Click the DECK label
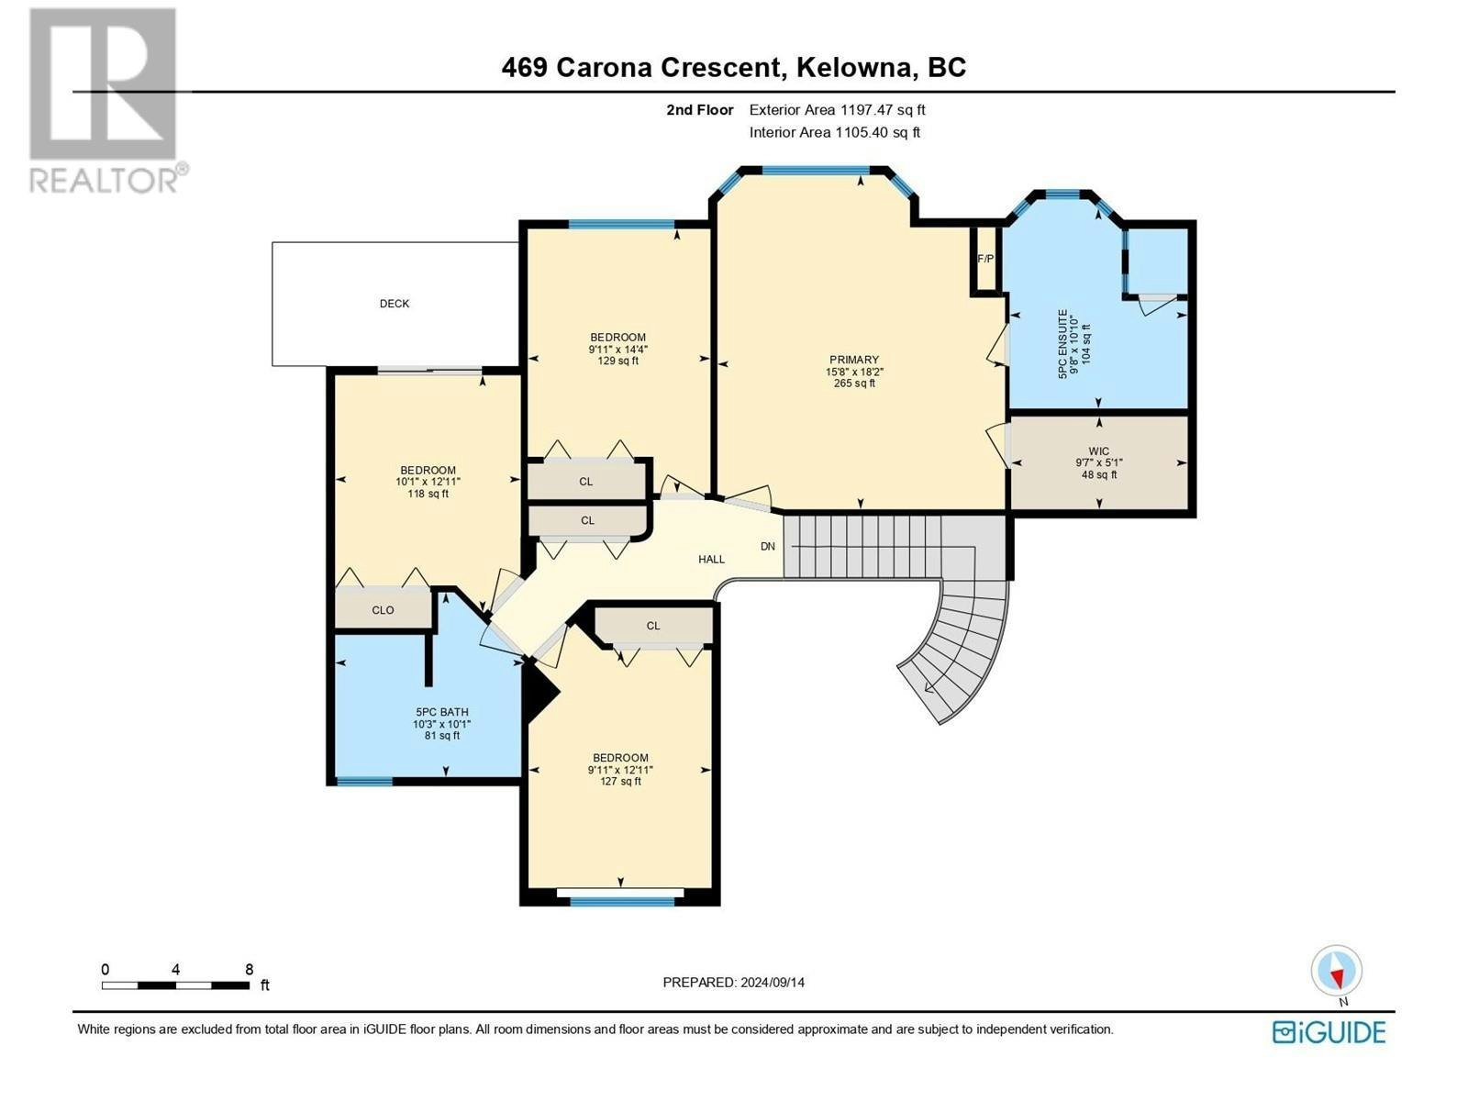[x=394, y=304]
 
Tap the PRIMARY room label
[x=854, y=360]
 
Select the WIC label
[x=1099, y=451]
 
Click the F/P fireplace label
[x=985, y=259]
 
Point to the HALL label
[x=712, y=559]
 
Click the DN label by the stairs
[x=768, y=546]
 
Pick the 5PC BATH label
[x=442, y=712]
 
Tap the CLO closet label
[x=383, y=609]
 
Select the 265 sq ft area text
[x=854, y=383]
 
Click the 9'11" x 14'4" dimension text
[x=618, y=349]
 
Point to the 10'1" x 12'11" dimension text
[x=428, y=482]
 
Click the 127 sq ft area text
[x=620, y=781]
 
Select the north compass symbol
[x=1336, y=975]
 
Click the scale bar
[x=175, y=985]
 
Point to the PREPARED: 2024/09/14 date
[x=734, y=982]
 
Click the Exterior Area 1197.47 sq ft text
[x=838, y=109]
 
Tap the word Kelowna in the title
[x=856, y=68]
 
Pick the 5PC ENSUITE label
[x=1062, y=344]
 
